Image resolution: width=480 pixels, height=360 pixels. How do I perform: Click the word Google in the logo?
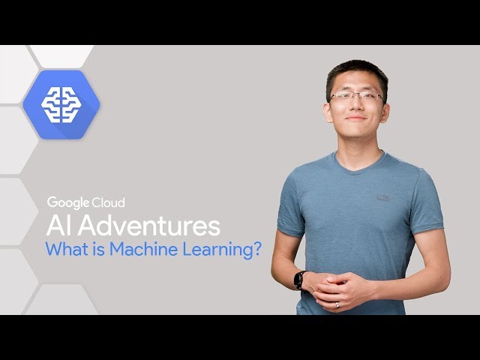pos(69,202)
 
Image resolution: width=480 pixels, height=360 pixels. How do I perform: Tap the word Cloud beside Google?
pos(109,202)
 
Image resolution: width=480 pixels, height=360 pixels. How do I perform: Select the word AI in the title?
pos(58,226)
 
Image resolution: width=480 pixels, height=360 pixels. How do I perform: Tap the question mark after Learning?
pos(256,249)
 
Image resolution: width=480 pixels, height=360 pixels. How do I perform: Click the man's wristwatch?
pos(301,280)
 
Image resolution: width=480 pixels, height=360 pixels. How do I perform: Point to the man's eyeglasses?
pos(356,97)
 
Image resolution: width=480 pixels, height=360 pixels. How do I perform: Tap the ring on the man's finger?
pos(337,304)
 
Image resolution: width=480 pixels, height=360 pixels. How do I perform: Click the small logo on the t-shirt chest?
pos(384,199)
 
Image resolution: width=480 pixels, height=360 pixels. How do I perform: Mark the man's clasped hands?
pos(334,288)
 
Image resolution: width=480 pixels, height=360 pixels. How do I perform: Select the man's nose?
pos(356,106)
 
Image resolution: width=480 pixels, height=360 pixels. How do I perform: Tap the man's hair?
pos(356,71)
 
